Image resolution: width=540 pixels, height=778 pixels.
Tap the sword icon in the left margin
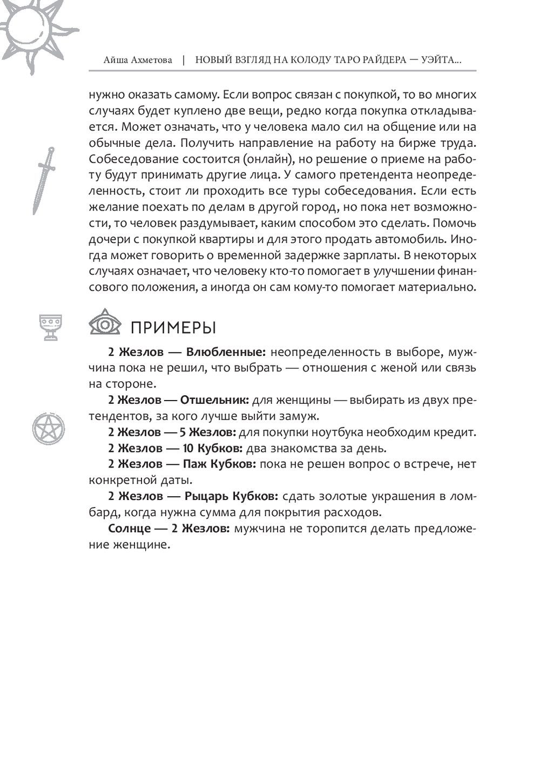44,181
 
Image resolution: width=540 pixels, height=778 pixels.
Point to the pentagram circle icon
49,429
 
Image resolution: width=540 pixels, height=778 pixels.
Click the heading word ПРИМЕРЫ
173,328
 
